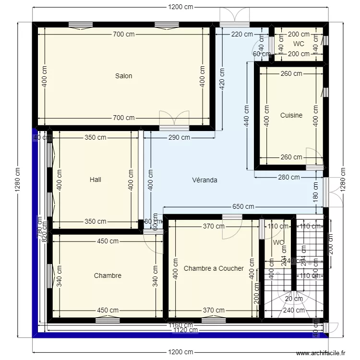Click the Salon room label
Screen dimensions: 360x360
[x=123, y=76]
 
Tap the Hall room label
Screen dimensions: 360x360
[x=96, y=180]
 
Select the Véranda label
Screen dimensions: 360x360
[x=204, y=180]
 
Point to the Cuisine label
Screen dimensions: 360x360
[x=291, y=115]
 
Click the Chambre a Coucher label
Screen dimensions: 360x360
[x=214, y=268]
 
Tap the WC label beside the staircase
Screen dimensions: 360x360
[x=278, y=242]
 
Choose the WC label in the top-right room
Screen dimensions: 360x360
[x=299, y=44]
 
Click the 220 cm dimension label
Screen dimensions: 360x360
[x=241, y=34]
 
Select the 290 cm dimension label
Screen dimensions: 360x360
[x=179, y=138]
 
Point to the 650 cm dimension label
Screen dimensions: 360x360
[x=243, y=207]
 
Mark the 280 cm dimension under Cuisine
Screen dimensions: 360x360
[x=289, y=177]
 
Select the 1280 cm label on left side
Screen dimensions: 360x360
[x=18, y=180]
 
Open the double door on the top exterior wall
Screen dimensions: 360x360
[x=234, y=17]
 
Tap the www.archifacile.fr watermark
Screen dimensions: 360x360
[x=320, y=353]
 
